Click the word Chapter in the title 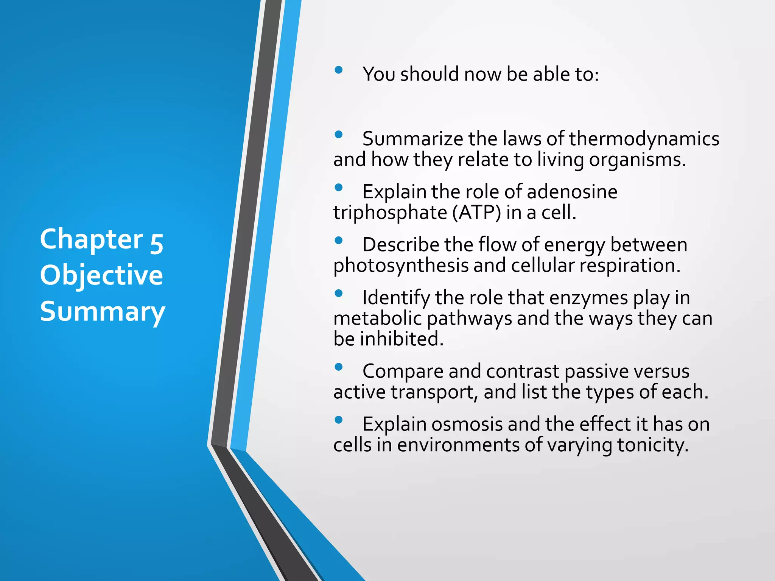(91, 240)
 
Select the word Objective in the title (101, 275)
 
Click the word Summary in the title (103, 312)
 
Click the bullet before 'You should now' (339, 70)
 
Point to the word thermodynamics (644, 139)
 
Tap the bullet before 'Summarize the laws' (339, 134)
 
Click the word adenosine (572, 192)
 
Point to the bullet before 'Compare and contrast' (339, 367)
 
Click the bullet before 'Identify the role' (339, 293)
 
